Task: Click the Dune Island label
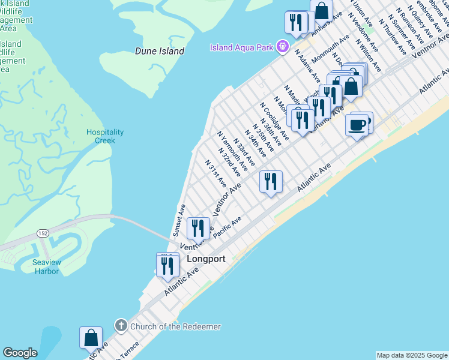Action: [x=159, y=52]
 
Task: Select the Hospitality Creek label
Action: [x=104, y=136]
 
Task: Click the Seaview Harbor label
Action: [x=46, y=267]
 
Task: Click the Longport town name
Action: [x=206, y=259]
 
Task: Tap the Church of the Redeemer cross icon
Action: [x=120, y=326]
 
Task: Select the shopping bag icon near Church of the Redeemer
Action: [x=91, y=338]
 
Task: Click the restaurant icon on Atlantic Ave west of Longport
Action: [x=167, y=265]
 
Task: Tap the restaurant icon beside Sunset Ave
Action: [x=197, y=228]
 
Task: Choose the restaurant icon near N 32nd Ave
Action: [x=271, y=181]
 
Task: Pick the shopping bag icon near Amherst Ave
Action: [x=322, y=11]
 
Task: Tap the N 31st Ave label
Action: [x=215, y=173]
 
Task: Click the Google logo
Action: [x=20, y=353]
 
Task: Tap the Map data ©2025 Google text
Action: [x=411, y=355]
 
